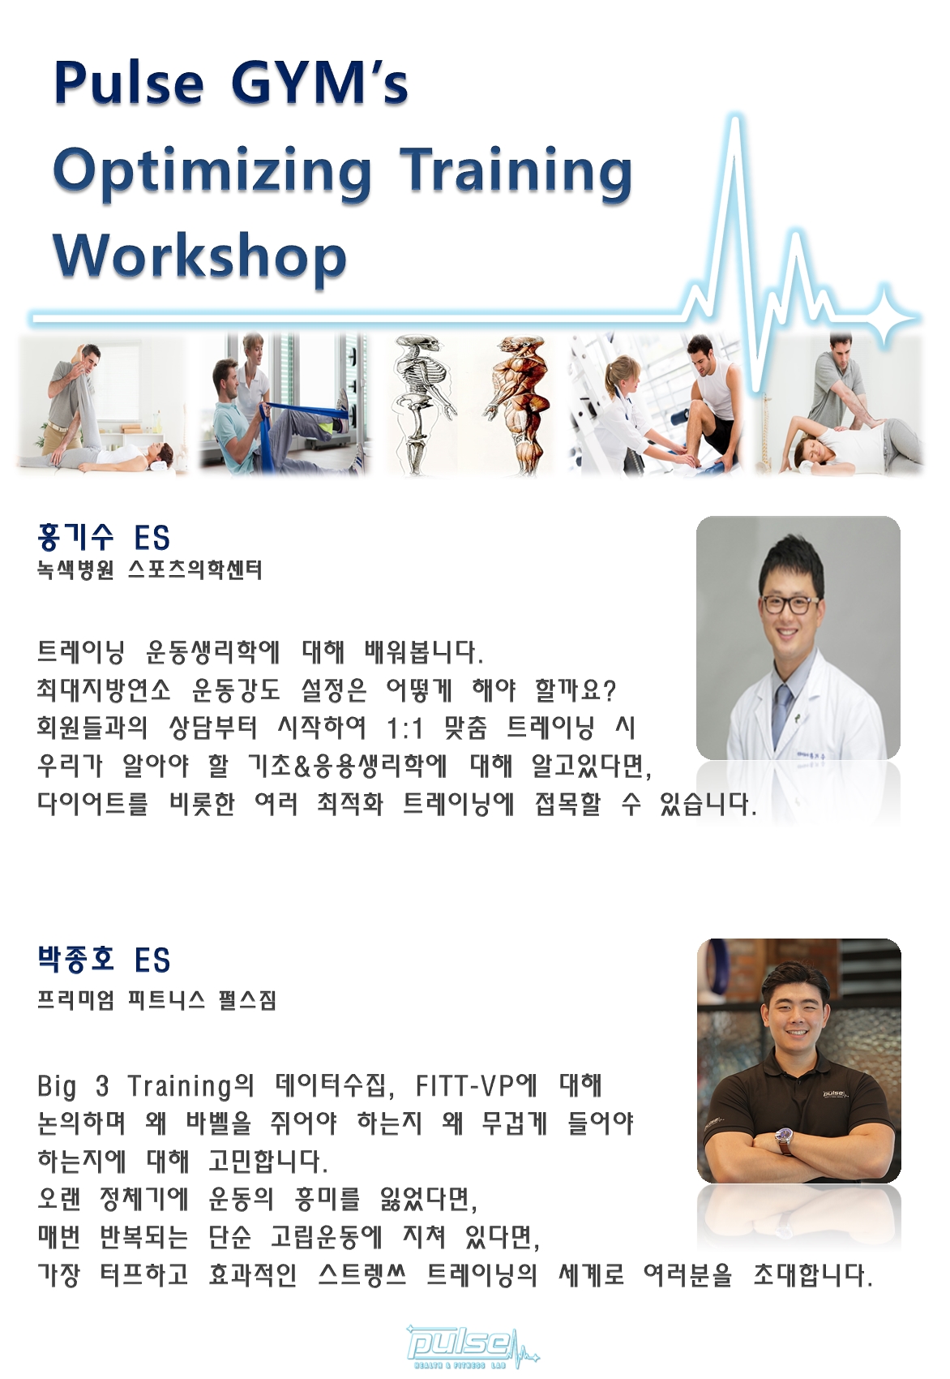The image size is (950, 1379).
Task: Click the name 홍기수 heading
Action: (x=75, y=537)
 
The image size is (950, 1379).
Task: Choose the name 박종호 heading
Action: (x=75, y=959)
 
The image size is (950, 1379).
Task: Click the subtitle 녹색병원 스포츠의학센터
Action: (x=149, y=571)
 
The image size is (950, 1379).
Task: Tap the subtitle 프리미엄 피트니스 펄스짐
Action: (x=156, y=1000)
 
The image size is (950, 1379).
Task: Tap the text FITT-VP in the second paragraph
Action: (x=464, y=1085)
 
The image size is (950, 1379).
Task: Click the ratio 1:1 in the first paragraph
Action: (x=404, y=728)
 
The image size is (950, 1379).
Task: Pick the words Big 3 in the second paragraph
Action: (x=73, y=1086)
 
